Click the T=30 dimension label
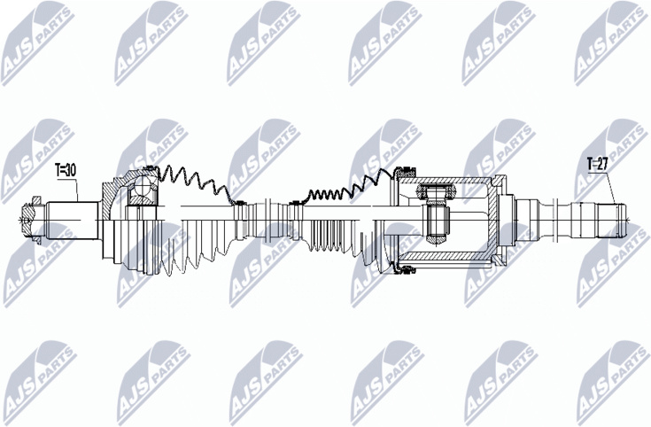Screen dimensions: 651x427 (x=66, y=170)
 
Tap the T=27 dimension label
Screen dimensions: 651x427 (x=598, y=164)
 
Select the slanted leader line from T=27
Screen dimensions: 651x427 (x=610, y=187)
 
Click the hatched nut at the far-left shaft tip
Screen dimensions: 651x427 (x=28, y=219)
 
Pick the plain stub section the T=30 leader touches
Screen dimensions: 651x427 (x=73, y=220)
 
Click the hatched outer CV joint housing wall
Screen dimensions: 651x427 (x=112, y=195)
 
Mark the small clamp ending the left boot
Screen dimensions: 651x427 (x=238, y=203)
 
